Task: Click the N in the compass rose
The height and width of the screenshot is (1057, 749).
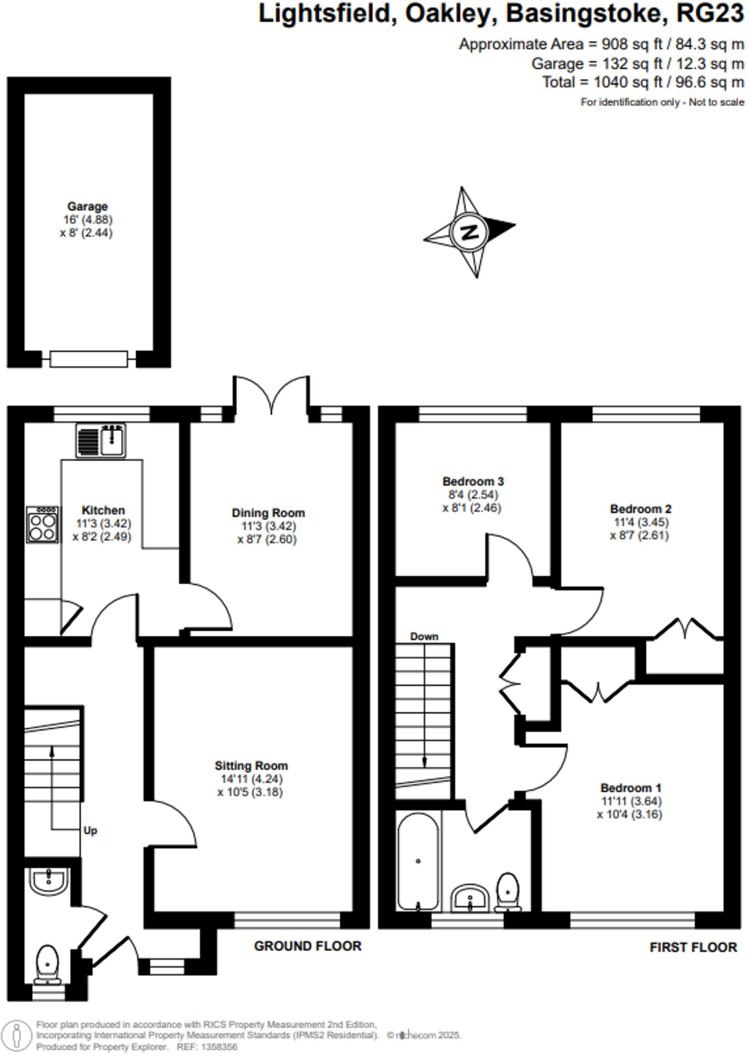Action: (469, 232)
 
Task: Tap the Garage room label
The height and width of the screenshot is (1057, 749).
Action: (87, 206)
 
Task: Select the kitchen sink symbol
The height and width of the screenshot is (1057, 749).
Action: (101, 440)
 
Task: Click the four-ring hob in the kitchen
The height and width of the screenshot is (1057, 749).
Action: (42, 524)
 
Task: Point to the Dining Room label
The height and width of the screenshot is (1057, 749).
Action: (268, 513)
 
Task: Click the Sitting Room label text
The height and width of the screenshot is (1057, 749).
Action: (251, 766)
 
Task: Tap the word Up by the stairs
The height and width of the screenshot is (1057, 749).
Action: (90, 830)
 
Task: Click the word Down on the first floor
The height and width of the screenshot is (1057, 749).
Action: (424, 637)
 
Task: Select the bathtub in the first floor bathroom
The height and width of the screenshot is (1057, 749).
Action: (418, 861)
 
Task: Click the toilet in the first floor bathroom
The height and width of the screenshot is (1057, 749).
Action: (508, 891)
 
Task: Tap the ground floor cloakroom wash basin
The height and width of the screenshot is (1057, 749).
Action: (48, 879)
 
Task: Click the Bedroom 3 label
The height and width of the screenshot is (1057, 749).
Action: (473, 482)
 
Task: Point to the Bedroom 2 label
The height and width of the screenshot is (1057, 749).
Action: (640, 509)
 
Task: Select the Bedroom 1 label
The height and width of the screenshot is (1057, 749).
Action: (630, 788)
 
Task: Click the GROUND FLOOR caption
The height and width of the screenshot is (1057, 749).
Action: (307, 946)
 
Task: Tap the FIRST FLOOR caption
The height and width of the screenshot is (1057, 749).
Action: (693, 947)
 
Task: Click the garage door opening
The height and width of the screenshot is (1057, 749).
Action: (89, 359)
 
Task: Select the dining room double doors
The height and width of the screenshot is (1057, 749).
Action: (272, 397)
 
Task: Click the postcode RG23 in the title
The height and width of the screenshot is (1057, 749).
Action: (710, 14)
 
